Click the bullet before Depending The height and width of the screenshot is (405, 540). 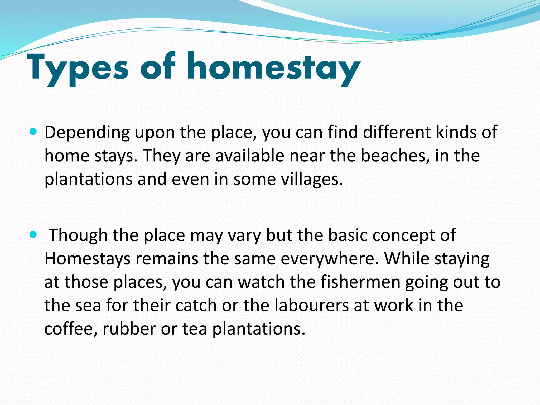(33, 131)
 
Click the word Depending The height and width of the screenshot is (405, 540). (87, 132)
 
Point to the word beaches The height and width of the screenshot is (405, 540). (393, 156)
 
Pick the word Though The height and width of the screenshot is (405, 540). (78, 235)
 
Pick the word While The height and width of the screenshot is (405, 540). (407, 259)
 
